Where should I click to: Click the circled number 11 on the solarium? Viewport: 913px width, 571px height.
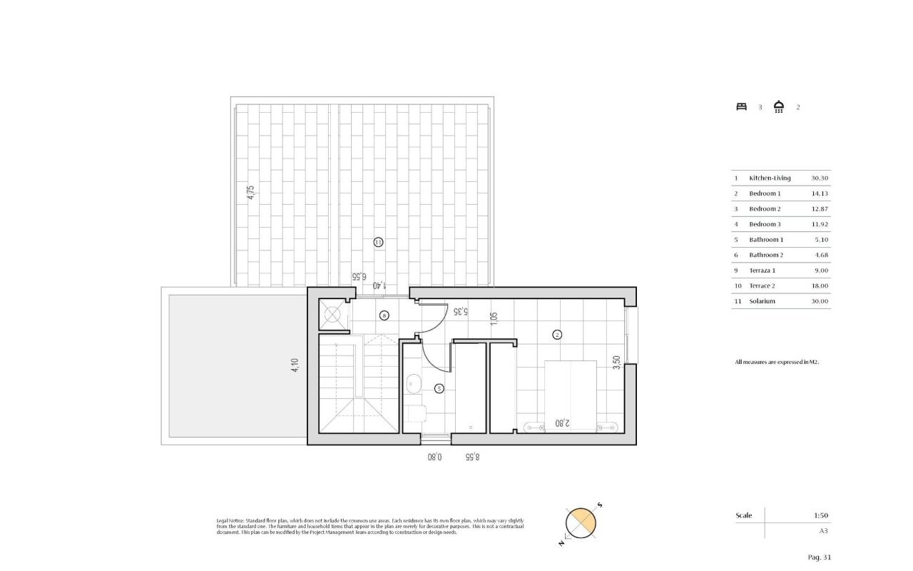tap(378, 243)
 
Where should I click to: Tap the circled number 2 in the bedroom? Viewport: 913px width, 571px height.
tap(557, 333)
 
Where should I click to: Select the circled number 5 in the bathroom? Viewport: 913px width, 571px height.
tap(439, 388)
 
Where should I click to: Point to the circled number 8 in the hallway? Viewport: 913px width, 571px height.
tap(384, 315)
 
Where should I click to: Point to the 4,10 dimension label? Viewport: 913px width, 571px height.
tap(295, 365)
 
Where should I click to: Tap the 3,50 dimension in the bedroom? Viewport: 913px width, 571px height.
tap(616, 363)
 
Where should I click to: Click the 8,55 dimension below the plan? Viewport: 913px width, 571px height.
tap(472, 457)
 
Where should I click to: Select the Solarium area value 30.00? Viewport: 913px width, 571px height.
tap(820, 301)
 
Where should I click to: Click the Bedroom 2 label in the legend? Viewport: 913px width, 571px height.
tap(765, 208)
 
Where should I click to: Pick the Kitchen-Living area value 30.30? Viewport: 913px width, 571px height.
tap(820, 178)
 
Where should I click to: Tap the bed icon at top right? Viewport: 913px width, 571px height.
tap(742, 107)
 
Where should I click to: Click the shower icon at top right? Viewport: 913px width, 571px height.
tap(779, 107)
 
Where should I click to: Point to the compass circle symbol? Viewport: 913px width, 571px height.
tap(580, 522)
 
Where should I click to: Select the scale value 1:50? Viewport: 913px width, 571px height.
tap(820, 515)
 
